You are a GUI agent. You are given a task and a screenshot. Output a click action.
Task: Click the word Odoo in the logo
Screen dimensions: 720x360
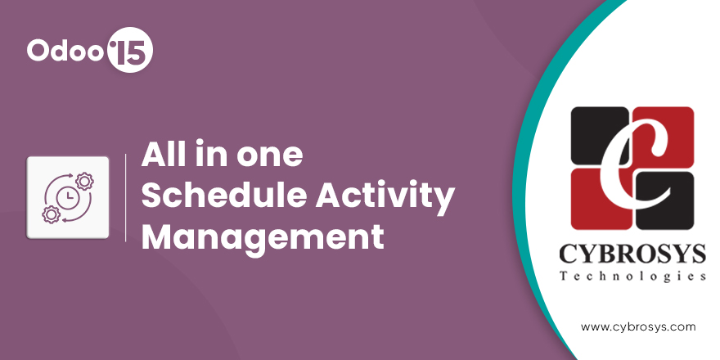pos(65,50)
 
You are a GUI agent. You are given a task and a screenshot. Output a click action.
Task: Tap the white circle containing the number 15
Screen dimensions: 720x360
pos(129,50)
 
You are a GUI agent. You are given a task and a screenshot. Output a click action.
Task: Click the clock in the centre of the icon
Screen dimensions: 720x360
pos(68,197)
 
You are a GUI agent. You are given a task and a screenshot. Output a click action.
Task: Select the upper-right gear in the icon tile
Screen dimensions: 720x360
pos(84,181)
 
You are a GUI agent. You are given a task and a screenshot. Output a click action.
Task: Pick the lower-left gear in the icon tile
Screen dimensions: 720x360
pos(51,214)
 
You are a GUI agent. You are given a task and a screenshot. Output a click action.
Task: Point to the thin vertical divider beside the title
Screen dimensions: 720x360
pos(126,197)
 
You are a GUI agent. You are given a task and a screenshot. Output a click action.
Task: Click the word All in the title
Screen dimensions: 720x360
pos(160,155)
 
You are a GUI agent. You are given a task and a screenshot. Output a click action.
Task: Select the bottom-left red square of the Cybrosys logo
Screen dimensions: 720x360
pos(600,200)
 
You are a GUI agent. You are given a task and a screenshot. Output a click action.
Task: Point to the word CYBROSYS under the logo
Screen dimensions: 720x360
pos(632,254)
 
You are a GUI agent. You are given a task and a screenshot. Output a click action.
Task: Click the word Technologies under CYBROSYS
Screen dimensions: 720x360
pos(632,277)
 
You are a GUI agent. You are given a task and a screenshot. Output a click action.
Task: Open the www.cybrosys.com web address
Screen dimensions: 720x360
pos(638,327)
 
